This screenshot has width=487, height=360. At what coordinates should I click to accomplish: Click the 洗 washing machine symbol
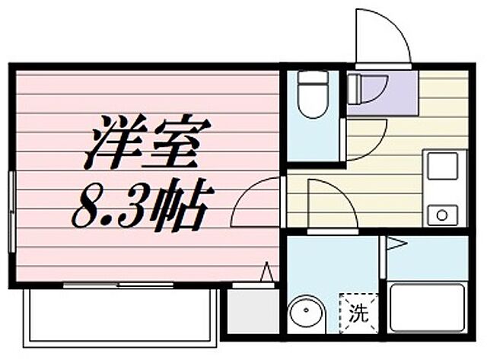point(356,311)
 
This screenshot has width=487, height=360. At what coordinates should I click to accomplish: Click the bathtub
point(428,308)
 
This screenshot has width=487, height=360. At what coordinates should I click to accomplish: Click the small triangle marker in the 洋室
point(267,272)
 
